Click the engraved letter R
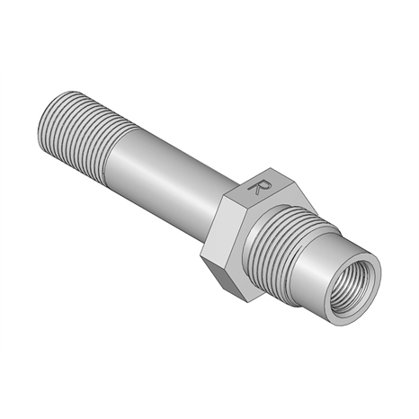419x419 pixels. coord(260,188)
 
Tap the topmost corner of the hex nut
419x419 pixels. coord(271,168)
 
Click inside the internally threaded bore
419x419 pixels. coord(352,287)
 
